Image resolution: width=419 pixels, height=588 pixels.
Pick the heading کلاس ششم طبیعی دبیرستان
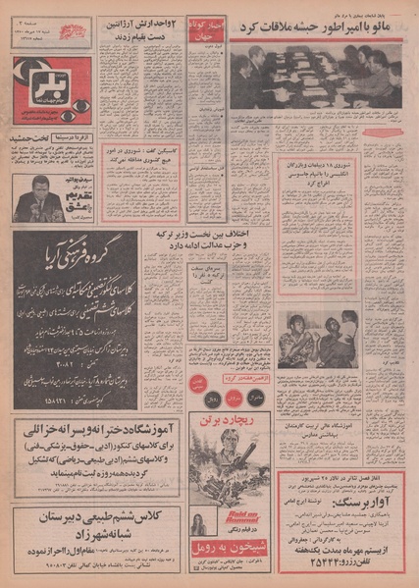96,516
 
